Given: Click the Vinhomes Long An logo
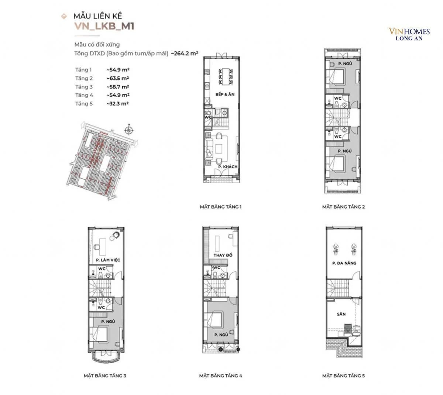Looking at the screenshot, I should (x=409, y=34).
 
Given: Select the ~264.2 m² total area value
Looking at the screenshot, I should (x=185, y=53).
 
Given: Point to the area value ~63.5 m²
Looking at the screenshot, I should (x=118, y=78).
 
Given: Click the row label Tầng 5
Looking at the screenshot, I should (x=84, y=104).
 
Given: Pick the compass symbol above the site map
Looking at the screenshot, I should (x=129, y=130).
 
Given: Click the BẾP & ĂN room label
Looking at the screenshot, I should (x=225, y=95).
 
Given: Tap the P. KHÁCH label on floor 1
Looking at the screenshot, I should (x=227, y=167).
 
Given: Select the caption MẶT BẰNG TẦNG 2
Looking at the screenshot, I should (x=343, y=207).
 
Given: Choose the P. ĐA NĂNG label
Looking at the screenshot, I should (x=344, y=263).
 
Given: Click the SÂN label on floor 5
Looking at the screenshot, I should (x=341, y=314).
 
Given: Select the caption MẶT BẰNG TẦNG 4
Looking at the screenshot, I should (x=221, y=376).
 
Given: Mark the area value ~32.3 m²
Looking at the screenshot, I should (x=118, y=104).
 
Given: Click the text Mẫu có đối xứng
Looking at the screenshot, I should (x=97, y=45).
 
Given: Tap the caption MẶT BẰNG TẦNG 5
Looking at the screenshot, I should (x=343, y=376).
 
